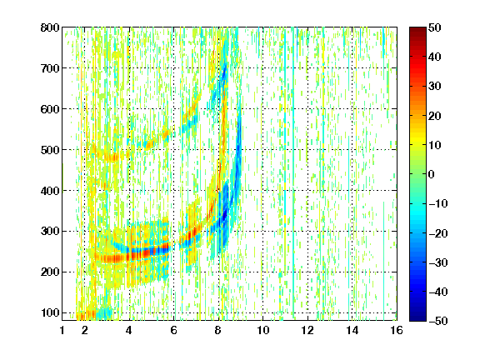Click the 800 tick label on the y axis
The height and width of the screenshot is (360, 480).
click(50, 27)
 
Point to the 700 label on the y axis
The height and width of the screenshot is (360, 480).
click(50, 68)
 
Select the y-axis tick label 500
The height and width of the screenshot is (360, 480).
click(50, 150)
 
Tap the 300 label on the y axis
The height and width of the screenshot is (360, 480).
click(50, 232)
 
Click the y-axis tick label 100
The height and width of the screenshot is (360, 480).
click(50, 312)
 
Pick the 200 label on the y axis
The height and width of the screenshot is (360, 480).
click(50, 272)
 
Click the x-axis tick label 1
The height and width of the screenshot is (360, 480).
click(62, 330)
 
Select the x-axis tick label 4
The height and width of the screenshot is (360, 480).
click(129, 330)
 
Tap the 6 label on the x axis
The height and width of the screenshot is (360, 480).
click(173, 330)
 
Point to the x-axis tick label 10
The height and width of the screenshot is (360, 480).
click(262, 330)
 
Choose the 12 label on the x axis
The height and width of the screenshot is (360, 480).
click(307, 330)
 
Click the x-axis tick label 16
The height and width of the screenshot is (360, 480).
click(397, 330)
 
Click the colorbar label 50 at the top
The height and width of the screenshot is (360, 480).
click(434, 27)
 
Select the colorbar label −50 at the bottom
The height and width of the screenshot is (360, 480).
click(438, 321)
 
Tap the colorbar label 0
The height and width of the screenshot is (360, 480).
click(431, 174)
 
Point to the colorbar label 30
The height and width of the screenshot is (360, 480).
click(434, 87)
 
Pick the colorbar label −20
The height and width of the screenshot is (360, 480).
click(438, 233)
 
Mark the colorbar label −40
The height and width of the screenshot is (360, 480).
click(438, 292)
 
